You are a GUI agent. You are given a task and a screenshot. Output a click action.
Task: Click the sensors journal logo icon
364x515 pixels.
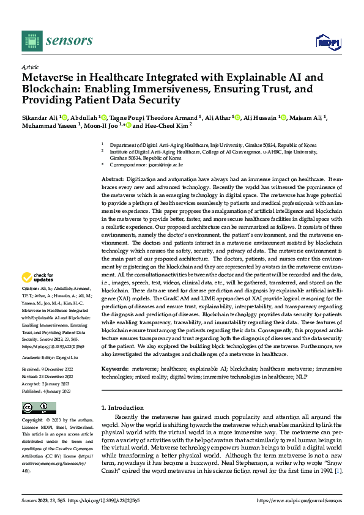[x=32, y=41]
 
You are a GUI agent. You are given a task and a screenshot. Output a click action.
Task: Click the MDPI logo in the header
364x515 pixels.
[x=328, y=42]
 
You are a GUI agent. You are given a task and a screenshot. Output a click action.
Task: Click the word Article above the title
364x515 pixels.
[x=30, y=67]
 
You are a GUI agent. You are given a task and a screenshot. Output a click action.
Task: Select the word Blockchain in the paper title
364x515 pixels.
[x=51, y=89]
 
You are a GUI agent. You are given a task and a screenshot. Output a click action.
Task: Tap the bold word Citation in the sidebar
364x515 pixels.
[x=31, y=288]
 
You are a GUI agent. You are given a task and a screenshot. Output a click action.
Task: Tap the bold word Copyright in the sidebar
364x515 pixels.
[x=32, y=421]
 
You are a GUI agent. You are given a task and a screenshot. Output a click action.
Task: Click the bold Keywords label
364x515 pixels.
[x=114, y=370]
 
